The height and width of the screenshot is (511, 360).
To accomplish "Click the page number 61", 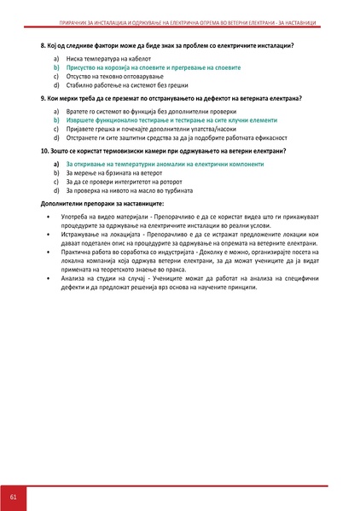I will [13, 497].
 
